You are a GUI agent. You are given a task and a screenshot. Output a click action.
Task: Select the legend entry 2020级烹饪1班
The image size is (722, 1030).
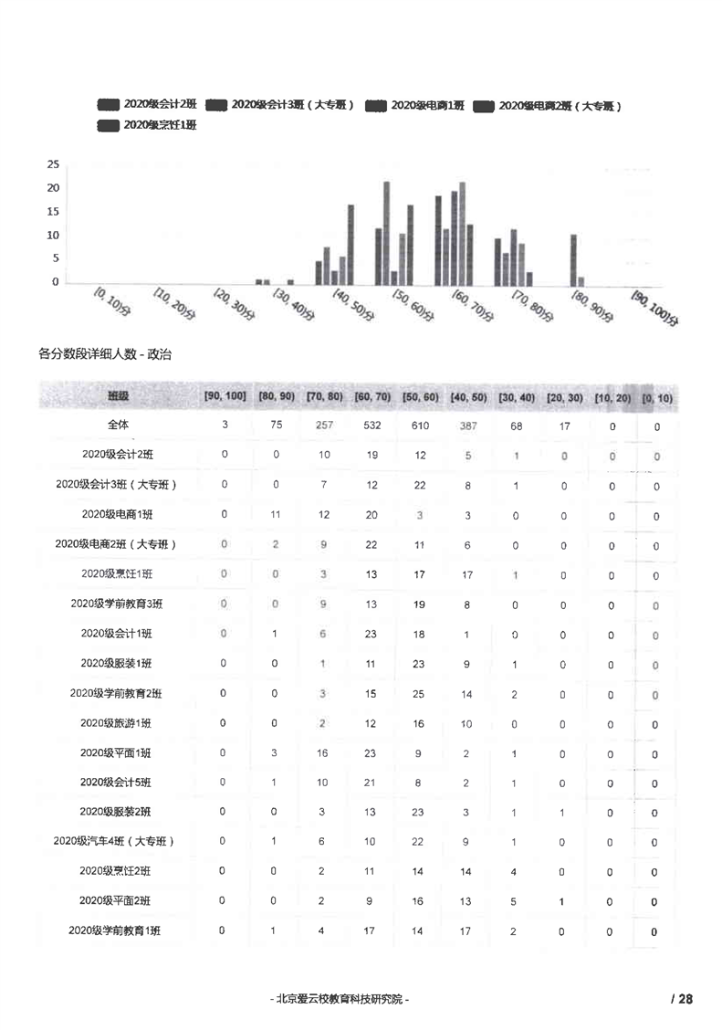147,125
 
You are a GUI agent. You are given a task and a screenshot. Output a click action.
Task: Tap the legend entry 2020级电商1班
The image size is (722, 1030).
415,106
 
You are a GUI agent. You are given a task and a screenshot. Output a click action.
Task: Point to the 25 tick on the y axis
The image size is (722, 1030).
53,165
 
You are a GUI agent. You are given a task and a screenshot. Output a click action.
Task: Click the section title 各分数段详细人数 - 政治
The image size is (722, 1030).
105,353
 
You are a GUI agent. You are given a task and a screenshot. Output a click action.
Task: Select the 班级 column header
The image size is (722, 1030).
118,397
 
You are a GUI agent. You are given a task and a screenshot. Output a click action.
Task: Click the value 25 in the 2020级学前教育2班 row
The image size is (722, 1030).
419,694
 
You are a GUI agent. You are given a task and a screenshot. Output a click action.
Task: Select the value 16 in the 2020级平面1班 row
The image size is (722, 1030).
322,753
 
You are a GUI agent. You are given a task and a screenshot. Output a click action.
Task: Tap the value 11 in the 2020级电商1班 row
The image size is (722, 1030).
273,515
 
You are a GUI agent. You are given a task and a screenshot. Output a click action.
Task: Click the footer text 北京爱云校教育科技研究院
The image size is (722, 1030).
340,999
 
